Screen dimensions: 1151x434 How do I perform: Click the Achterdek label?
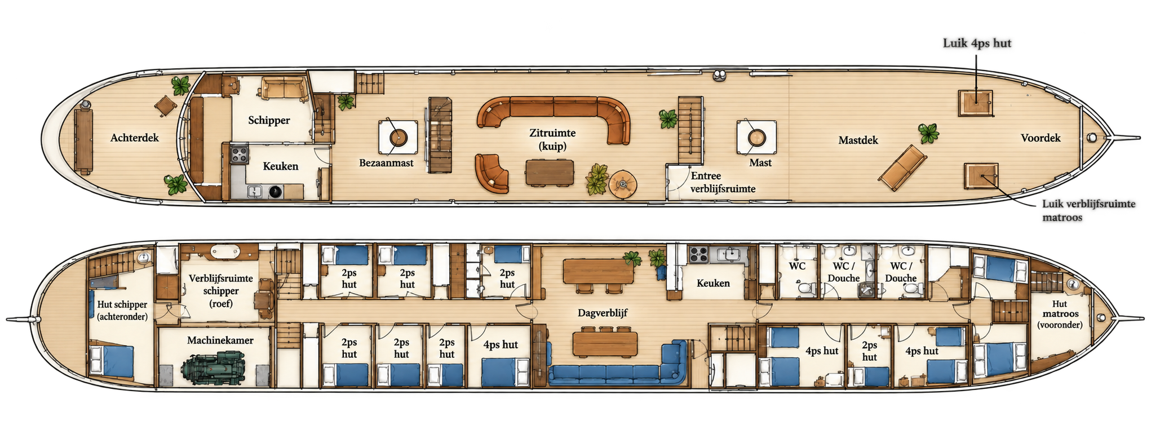[135, 138]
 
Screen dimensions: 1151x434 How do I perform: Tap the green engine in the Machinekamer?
[214, 367]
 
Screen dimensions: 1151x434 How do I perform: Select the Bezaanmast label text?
[387, 163]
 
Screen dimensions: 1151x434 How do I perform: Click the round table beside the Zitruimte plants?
[623, 184]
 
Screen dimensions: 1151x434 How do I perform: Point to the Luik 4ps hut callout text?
[977, 43]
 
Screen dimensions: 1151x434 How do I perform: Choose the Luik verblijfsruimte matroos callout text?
[1088, 210]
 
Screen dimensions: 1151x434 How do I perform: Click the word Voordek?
[1041, 138]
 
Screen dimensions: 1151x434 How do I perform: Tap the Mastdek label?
[858, 140]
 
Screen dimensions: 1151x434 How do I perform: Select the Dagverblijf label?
[603, 313]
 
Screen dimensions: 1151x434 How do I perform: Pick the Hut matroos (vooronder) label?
[1060, 314]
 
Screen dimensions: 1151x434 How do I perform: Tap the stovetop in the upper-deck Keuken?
[239, 154]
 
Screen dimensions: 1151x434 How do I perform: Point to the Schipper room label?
[269, 121]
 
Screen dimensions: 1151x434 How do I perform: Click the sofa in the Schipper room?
[284, 89]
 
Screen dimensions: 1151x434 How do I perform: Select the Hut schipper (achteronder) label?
[122, 311]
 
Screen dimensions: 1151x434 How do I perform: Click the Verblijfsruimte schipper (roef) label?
[221, 291]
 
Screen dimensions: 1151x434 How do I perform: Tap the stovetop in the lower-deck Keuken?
[698, 255]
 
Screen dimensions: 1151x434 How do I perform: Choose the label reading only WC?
[797, 266]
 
